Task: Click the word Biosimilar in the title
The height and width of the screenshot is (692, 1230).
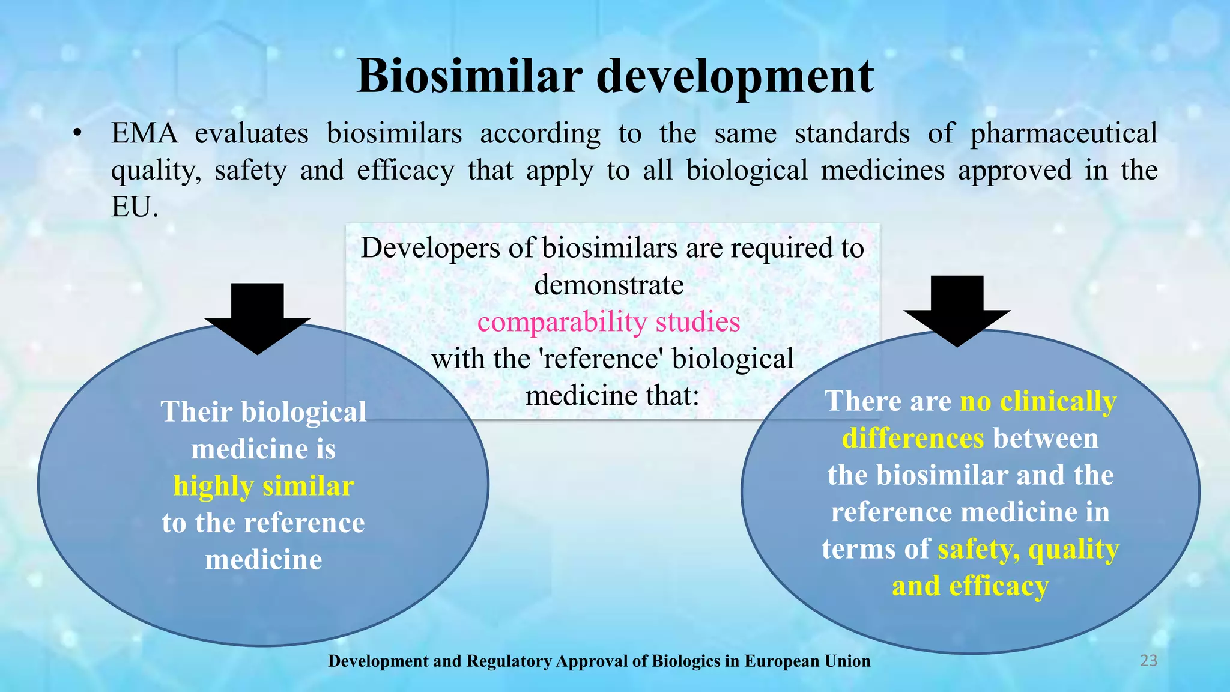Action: [469, 76]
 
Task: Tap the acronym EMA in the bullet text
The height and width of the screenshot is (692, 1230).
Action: [144, 133]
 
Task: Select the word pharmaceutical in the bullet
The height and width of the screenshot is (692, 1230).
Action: [1063, 134]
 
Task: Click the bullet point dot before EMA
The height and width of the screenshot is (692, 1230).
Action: [77, 134]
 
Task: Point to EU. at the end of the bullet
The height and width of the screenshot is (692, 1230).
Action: [135, 207]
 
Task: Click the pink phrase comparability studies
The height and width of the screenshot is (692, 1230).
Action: [608, 322]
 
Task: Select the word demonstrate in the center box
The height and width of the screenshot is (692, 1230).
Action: [608, 285]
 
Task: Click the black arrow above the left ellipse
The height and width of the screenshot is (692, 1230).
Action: [258, 318]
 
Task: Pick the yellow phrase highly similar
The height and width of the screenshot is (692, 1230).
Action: [263, 486]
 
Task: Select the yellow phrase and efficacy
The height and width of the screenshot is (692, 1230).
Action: [970, 586]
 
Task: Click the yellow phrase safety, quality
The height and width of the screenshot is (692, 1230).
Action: [1028, 549]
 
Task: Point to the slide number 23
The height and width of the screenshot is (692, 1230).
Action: [1148, 661]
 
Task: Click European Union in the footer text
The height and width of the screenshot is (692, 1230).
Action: [807, 661]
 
